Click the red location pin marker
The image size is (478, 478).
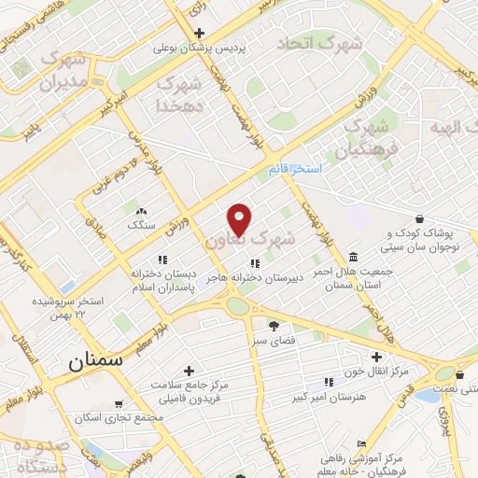coord(240,220)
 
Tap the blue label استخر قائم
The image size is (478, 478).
coord(294,169)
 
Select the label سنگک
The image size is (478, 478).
coord(142,225)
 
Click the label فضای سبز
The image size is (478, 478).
coord(273,342)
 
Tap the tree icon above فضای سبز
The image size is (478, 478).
coord(273,326)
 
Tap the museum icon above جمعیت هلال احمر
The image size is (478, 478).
coord(352,257)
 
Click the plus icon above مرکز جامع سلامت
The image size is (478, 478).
coord(190,371)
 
